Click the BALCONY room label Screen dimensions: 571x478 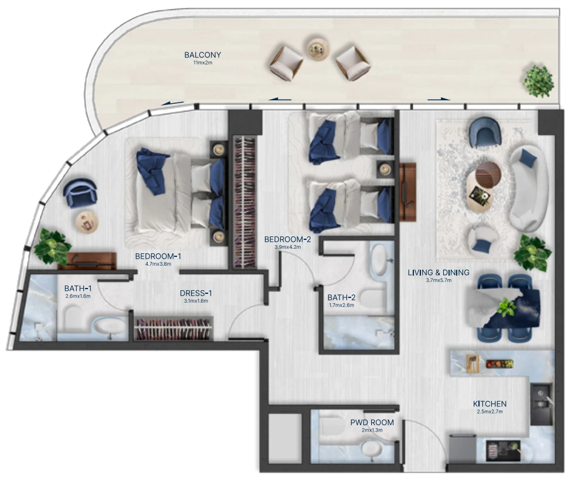click(202, 55)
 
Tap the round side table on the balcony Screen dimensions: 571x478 click(318, 48)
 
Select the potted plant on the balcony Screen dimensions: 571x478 click(539, 81)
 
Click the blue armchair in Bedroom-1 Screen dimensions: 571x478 click(80, 193)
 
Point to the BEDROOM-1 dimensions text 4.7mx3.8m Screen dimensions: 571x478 click(158, 264)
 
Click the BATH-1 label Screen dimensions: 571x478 click(78, 289)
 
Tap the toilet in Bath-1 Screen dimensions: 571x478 click(74, 318)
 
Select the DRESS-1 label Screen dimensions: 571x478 click(196, 293)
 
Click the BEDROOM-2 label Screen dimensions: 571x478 click(288, 239)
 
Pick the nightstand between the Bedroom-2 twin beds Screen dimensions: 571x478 click(385, 169)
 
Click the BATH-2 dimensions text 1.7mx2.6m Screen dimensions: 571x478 click(342, 306)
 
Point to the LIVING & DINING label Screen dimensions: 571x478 click(439, 273)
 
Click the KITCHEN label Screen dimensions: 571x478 click(490, 404)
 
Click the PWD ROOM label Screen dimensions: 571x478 click(372, 423)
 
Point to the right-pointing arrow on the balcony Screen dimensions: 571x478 click(439, 99)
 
